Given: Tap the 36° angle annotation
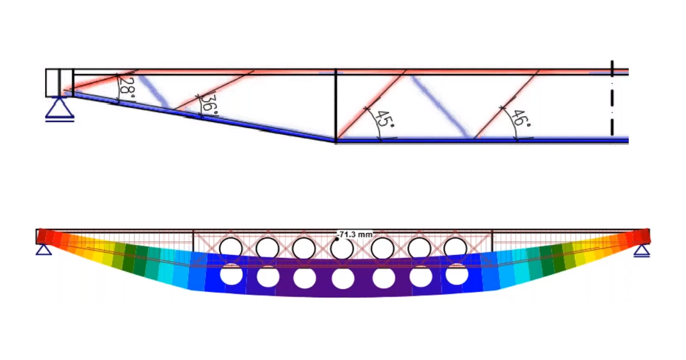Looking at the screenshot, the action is pyautogui.click(x=210, y=105).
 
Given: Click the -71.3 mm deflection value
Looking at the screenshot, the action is pyautogui.click(x=356, y=234).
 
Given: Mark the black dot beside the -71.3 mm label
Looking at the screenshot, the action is pyautogui.click(x=337, y=239).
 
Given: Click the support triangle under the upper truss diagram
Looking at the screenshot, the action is pyautogui.click(x=59, y=109).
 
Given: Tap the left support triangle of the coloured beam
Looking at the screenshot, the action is pyautogui.click(x=44, y=250).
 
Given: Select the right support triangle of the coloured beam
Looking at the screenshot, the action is pyautogui.click(x=642, y=251).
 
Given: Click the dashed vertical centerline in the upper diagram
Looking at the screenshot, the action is pyautogui.click(x=612, y=98).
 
